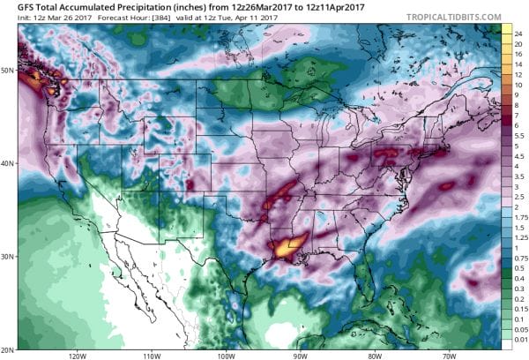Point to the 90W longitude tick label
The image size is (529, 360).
click(300, 355)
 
